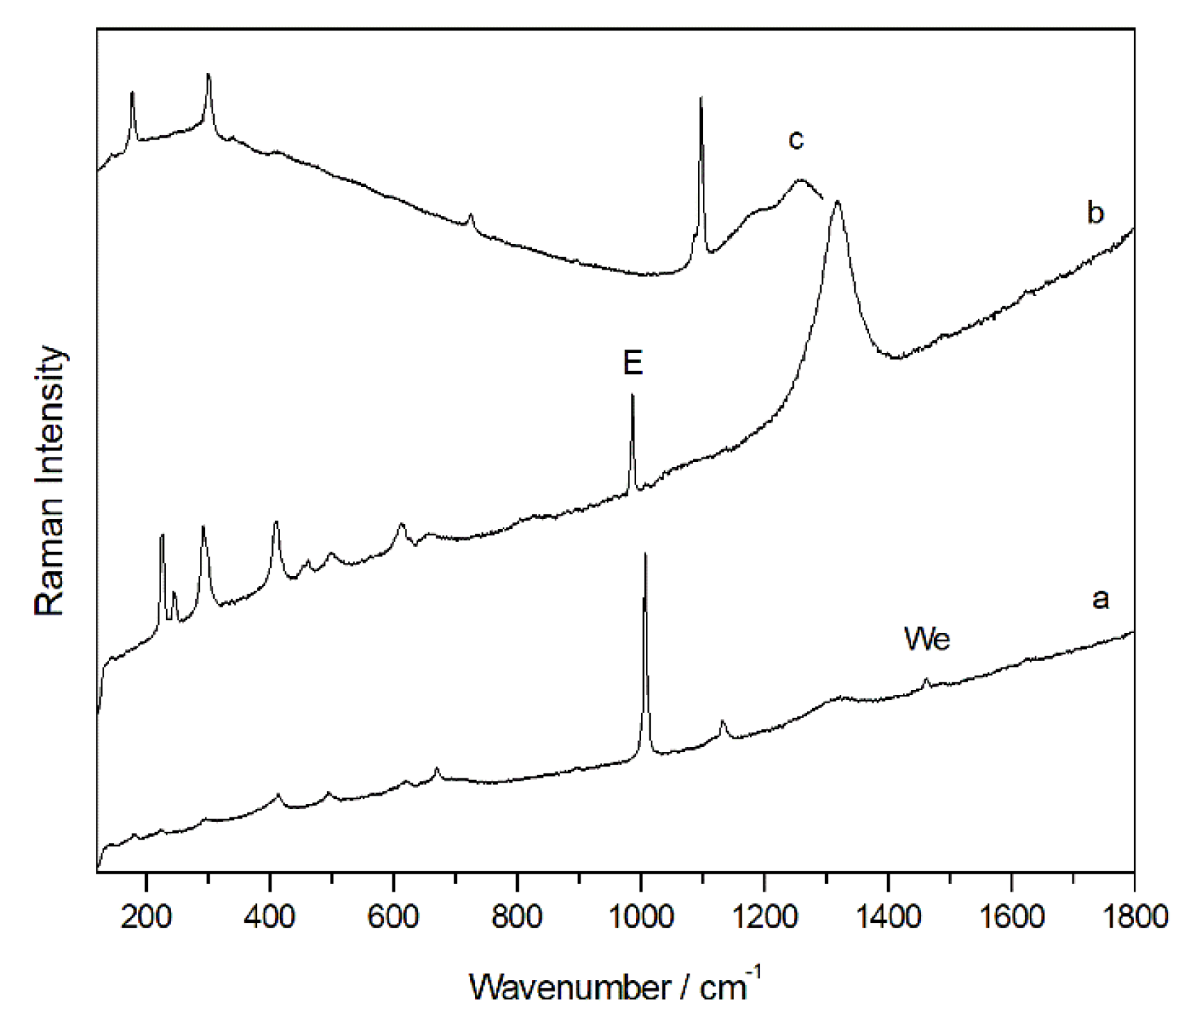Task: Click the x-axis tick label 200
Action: (146, 917)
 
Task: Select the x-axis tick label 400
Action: (269, 917)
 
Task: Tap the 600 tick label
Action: (393, 917)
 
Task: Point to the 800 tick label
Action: (517, 917)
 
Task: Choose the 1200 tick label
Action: (764, 917)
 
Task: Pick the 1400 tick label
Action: (888, 917)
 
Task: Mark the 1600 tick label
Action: (1011, 917)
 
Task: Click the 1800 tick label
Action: (1133, 917)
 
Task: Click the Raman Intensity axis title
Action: (50, 481)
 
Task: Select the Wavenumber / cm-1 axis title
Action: (615, 985)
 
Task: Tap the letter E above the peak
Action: (633, 363)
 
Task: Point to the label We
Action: (926, 639)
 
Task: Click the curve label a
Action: (1100, 598)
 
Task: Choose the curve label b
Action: (1095, 213)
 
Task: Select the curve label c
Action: (796, 140)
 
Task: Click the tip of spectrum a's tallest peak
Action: (645, 554)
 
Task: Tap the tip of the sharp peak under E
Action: (632, 395)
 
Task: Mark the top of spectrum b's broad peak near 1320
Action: (838, 202)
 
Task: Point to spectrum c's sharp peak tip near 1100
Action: (701, 98)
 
